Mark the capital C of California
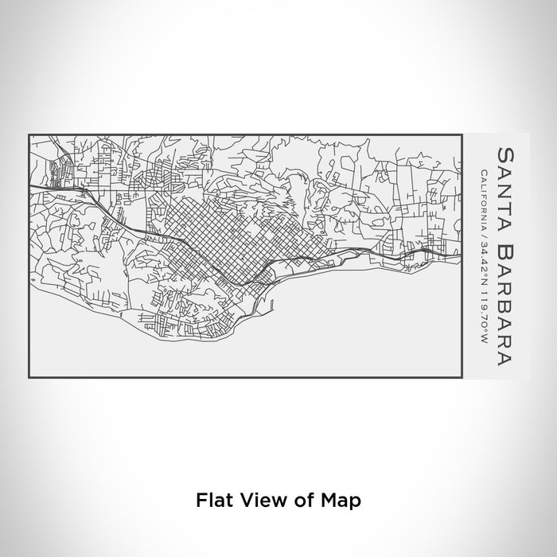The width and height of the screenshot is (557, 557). pos(484,171)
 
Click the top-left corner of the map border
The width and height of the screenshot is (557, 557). pos(29,134)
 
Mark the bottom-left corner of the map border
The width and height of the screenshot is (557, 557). pos(29,376)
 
